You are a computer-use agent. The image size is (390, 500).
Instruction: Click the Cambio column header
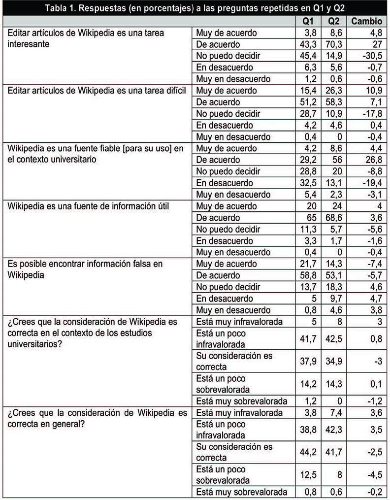pyautogui.click(x=367, y=22)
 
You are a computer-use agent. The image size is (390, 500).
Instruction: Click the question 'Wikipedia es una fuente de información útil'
pyautogui.click(x=89, y=206)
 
